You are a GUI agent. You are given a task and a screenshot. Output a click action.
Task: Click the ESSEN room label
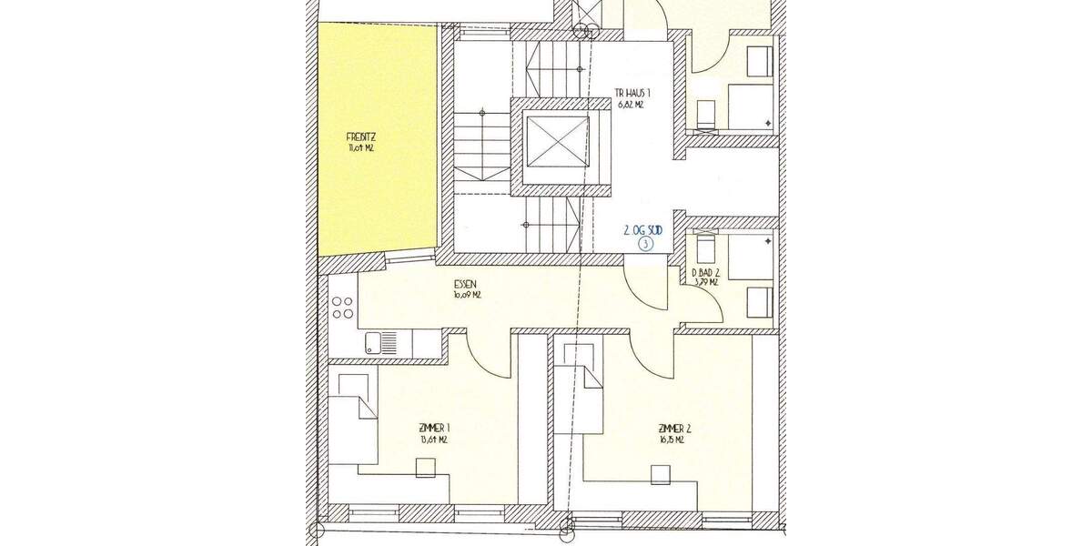[466, 283]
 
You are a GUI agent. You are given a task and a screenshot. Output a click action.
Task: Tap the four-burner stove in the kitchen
[342, 308]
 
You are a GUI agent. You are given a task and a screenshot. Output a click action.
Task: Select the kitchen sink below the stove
[380, 343]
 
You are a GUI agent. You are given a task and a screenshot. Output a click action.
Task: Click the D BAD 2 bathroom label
[706, 271]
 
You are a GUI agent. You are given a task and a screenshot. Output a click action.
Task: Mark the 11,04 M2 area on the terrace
[360, 147]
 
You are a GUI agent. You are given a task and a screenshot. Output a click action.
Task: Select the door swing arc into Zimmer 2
[650, 358]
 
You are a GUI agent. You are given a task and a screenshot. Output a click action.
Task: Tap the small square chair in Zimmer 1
[425, 467]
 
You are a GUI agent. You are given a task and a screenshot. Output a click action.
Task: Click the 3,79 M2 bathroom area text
[706, 282]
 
